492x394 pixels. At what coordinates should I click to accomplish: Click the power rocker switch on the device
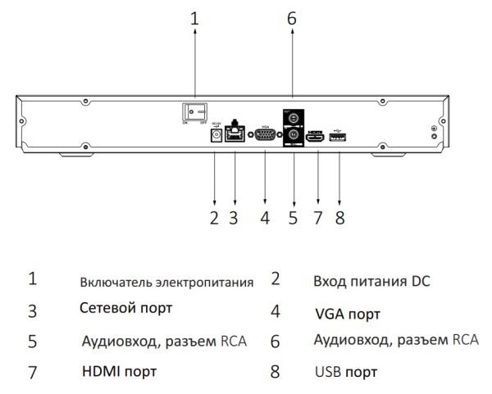click(194, 110)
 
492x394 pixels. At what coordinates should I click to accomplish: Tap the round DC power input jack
click(216, 136)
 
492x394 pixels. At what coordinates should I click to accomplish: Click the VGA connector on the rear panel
click(265, 136)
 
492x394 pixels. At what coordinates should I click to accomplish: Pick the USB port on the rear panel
click(338, 136)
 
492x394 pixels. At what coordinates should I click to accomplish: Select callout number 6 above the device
click(292, 18)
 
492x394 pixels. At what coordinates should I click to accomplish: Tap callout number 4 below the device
click(265, 219)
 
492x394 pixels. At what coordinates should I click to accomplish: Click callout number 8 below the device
click(340, 219)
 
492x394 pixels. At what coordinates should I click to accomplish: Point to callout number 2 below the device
click(214, 219)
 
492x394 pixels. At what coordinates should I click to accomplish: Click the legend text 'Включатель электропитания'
click(166, 283)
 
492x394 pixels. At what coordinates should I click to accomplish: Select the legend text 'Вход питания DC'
click(371, 281)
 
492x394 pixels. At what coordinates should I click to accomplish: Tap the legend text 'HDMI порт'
click(119, 371)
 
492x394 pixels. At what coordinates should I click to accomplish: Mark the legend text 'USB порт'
click(346, 372)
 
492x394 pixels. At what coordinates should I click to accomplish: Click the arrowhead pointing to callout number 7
click(317, 200)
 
